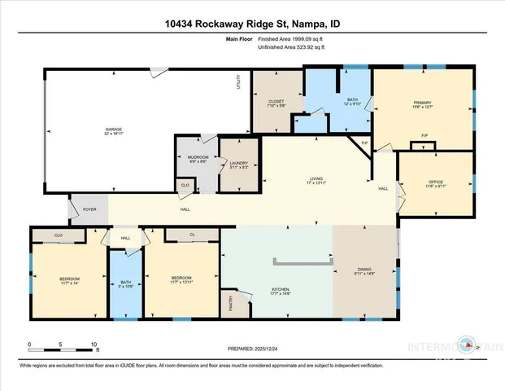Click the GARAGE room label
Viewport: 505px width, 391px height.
tap(113, 129)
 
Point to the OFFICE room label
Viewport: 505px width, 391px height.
tap(436, 182)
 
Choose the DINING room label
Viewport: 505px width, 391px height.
tap(364, 273)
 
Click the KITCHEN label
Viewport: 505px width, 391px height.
tap(281, 290)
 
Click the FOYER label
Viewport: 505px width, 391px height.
tap(89, 209)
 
